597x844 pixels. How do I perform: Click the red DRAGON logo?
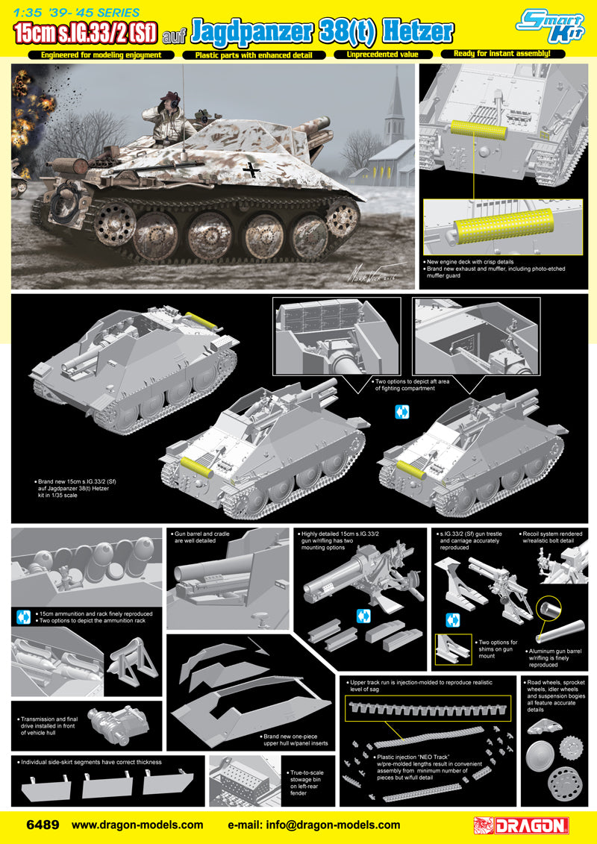tap(522, 825)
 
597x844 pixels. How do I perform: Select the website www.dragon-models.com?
tap(137, 825)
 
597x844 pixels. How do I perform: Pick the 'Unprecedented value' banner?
tap(383, 54)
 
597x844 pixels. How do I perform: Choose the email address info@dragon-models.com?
tap(314, 825)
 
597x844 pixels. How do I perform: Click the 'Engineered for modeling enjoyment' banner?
tap(101, 55)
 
